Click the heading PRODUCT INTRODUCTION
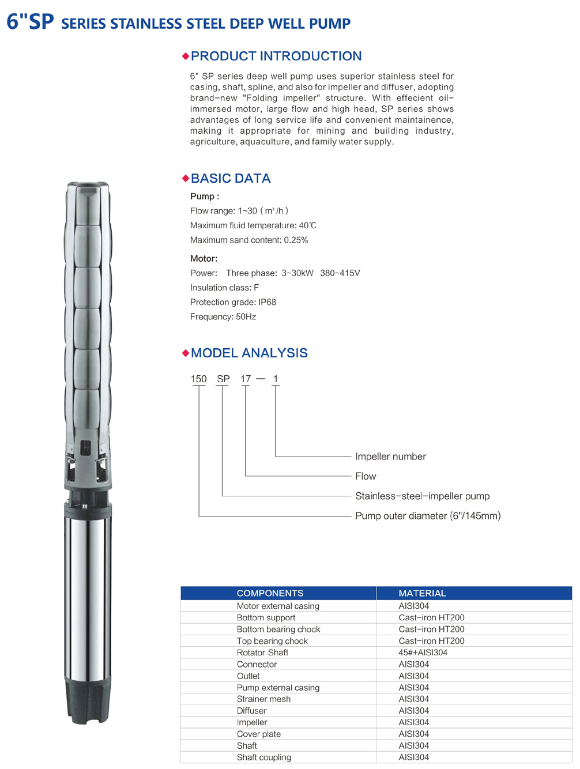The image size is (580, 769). (276, 56)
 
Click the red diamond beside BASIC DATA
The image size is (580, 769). (186, 178)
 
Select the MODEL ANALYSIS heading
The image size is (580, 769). (249, 353)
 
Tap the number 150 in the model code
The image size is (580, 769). (198, 379)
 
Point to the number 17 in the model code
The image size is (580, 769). (246, 379)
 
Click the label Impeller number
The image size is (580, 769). (390, 457)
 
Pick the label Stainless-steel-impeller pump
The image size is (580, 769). (422, 496)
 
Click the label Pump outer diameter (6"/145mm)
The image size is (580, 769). (428, 516)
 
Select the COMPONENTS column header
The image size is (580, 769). (270, 593)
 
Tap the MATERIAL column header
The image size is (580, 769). (422, 593)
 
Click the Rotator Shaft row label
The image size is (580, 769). (262, 653)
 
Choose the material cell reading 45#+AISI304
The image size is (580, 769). (423, 653)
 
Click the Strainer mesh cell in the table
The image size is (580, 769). (263, 699)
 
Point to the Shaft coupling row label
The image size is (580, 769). (263, 757)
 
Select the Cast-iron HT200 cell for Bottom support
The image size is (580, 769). (431, 617)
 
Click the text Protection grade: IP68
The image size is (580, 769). (233, 302)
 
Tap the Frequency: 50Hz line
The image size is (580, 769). (223, 316)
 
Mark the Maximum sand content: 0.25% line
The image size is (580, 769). (249, 240)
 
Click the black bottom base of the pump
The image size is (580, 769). (87, 700)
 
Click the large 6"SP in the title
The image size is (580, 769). (30, 22)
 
